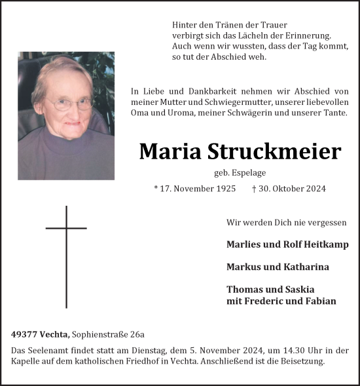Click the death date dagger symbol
pos(253,189)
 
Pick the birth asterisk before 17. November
pos(156,189)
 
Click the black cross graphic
pos(66,256)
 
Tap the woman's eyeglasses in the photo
pos(69,104)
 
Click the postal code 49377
pos(24,334)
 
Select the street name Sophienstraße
pos(100,334)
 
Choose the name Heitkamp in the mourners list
pos(325,244)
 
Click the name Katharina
pos(306,267)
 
